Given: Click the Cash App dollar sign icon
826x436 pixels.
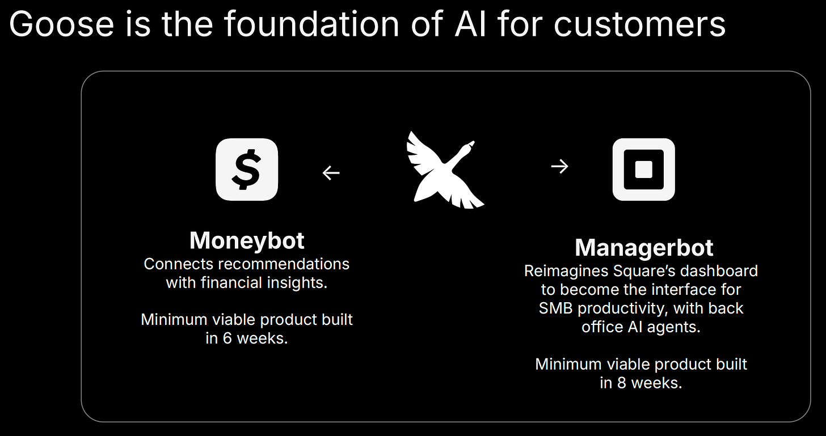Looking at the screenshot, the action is coord(247,170).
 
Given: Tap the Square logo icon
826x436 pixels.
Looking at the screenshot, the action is coord(643,170).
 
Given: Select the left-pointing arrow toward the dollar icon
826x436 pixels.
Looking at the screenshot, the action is coord(331,172).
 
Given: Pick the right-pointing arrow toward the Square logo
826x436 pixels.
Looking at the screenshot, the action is coord(559,166).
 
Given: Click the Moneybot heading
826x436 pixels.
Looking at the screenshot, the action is coord(247,240).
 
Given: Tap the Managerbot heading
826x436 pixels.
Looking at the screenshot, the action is coord(644,248).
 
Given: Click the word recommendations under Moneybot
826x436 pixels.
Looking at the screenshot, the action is coord(284,264).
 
